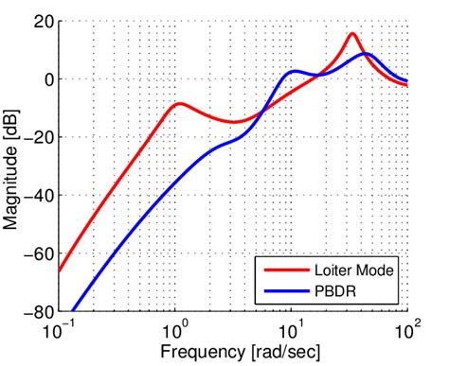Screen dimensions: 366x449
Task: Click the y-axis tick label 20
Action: [x=42, y=22]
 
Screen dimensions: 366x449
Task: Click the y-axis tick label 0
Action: [x=46, y=79]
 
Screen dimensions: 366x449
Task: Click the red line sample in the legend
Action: [x=285, y=270]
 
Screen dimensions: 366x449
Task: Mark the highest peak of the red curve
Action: [x=352, y=34]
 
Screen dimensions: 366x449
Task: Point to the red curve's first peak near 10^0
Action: [x=178, y=103]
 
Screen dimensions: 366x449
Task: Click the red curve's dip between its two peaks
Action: [x=232, y=121]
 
